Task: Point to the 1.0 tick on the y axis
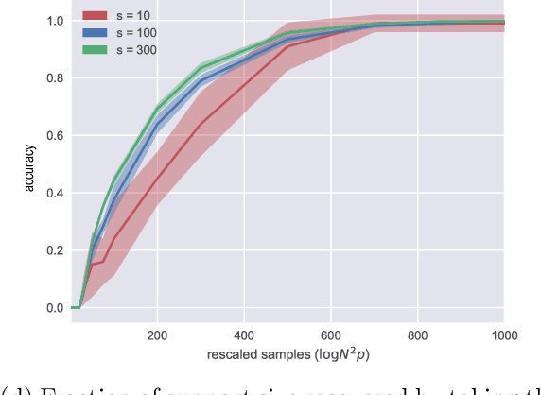tap(55, 21)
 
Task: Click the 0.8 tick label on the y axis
tap(55, 78)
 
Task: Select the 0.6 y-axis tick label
tap(55, 136)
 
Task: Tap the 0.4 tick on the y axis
tap(55, 193)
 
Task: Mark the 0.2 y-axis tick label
tap(55, 250)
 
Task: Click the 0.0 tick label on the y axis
tap(55, 308)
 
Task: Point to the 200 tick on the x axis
tap(158, 335)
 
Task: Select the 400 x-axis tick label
tap(245, 335)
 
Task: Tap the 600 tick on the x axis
tap(331, 335)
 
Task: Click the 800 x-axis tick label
tap(418, 335)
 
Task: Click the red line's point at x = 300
tap(201, 123)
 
